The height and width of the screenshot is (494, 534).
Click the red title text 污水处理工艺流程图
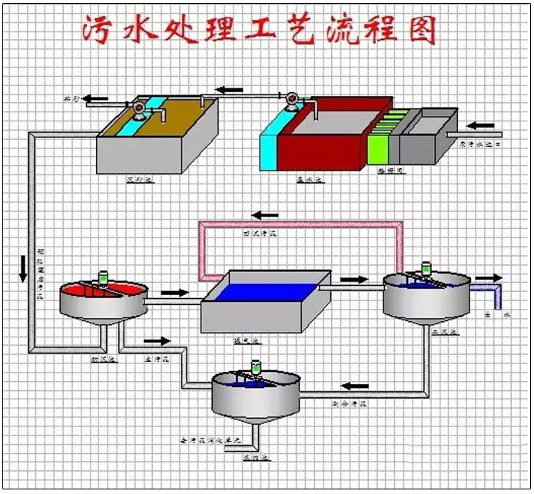259,31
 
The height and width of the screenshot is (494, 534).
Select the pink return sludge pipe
300,224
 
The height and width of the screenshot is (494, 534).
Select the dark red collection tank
323,138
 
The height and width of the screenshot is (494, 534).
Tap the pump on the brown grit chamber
139,109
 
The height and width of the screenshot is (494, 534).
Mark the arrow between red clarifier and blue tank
174,292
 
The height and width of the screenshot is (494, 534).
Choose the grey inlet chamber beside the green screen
426,138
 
